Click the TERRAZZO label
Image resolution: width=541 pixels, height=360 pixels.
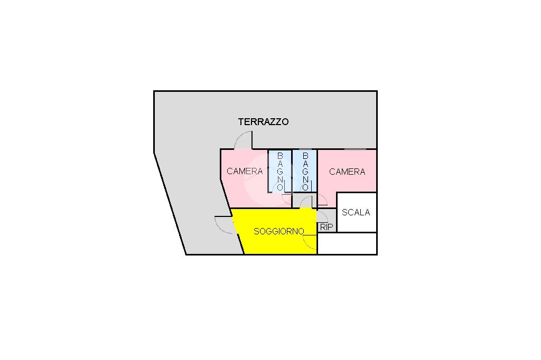[x=263, y=122]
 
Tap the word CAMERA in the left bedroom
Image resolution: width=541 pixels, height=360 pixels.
[x=245, y=171]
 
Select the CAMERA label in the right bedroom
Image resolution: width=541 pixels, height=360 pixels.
[x=347, y=172]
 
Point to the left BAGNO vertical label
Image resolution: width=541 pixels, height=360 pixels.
[x=280, y=172]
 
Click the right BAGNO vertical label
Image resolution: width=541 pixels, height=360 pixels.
[x=305, y=172]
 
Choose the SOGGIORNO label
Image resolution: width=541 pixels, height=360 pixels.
[x=278, y=231]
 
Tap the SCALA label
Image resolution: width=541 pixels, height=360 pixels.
[x=356, y=212]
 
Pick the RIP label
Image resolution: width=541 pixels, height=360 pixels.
[x=327, y=227]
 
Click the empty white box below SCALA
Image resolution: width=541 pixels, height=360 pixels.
[x=347, y=243]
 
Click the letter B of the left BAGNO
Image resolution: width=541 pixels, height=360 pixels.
[x=280, y=156]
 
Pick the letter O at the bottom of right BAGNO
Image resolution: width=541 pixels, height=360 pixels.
[x=305, y=187]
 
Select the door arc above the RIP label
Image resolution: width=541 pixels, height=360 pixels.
[x=322, y=215]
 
